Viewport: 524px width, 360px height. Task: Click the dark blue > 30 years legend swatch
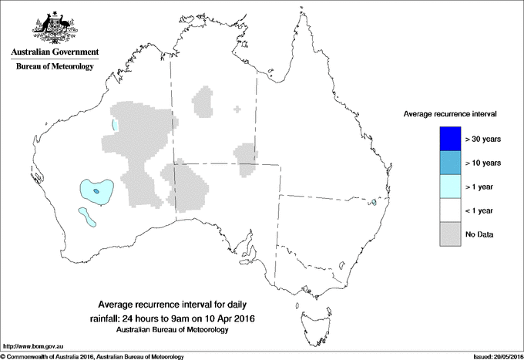[x=447, y=139]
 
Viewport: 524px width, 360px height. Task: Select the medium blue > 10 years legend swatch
[x=447, y=163]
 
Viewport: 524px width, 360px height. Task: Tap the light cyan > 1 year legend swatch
[x=447, y=187]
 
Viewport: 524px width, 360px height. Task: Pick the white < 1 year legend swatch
[x=447, y=210]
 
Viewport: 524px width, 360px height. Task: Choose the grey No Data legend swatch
[x=447, y=234]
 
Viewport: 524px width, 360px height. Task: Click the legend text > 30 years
[x=484, y=139]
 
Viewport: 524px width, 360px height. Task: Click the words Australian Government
[x=55, y=53]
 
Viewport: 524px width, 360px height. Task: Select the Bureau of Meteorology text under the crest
[x=55, y=67]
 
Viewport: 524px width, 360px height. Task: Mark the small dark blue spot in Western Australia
[x=96, y=190]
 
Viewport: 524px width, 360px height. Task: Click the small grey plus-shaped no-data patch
[x=237, y=109]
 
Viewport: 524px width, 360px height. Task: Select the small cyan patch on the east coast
[x=374, y=203]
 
